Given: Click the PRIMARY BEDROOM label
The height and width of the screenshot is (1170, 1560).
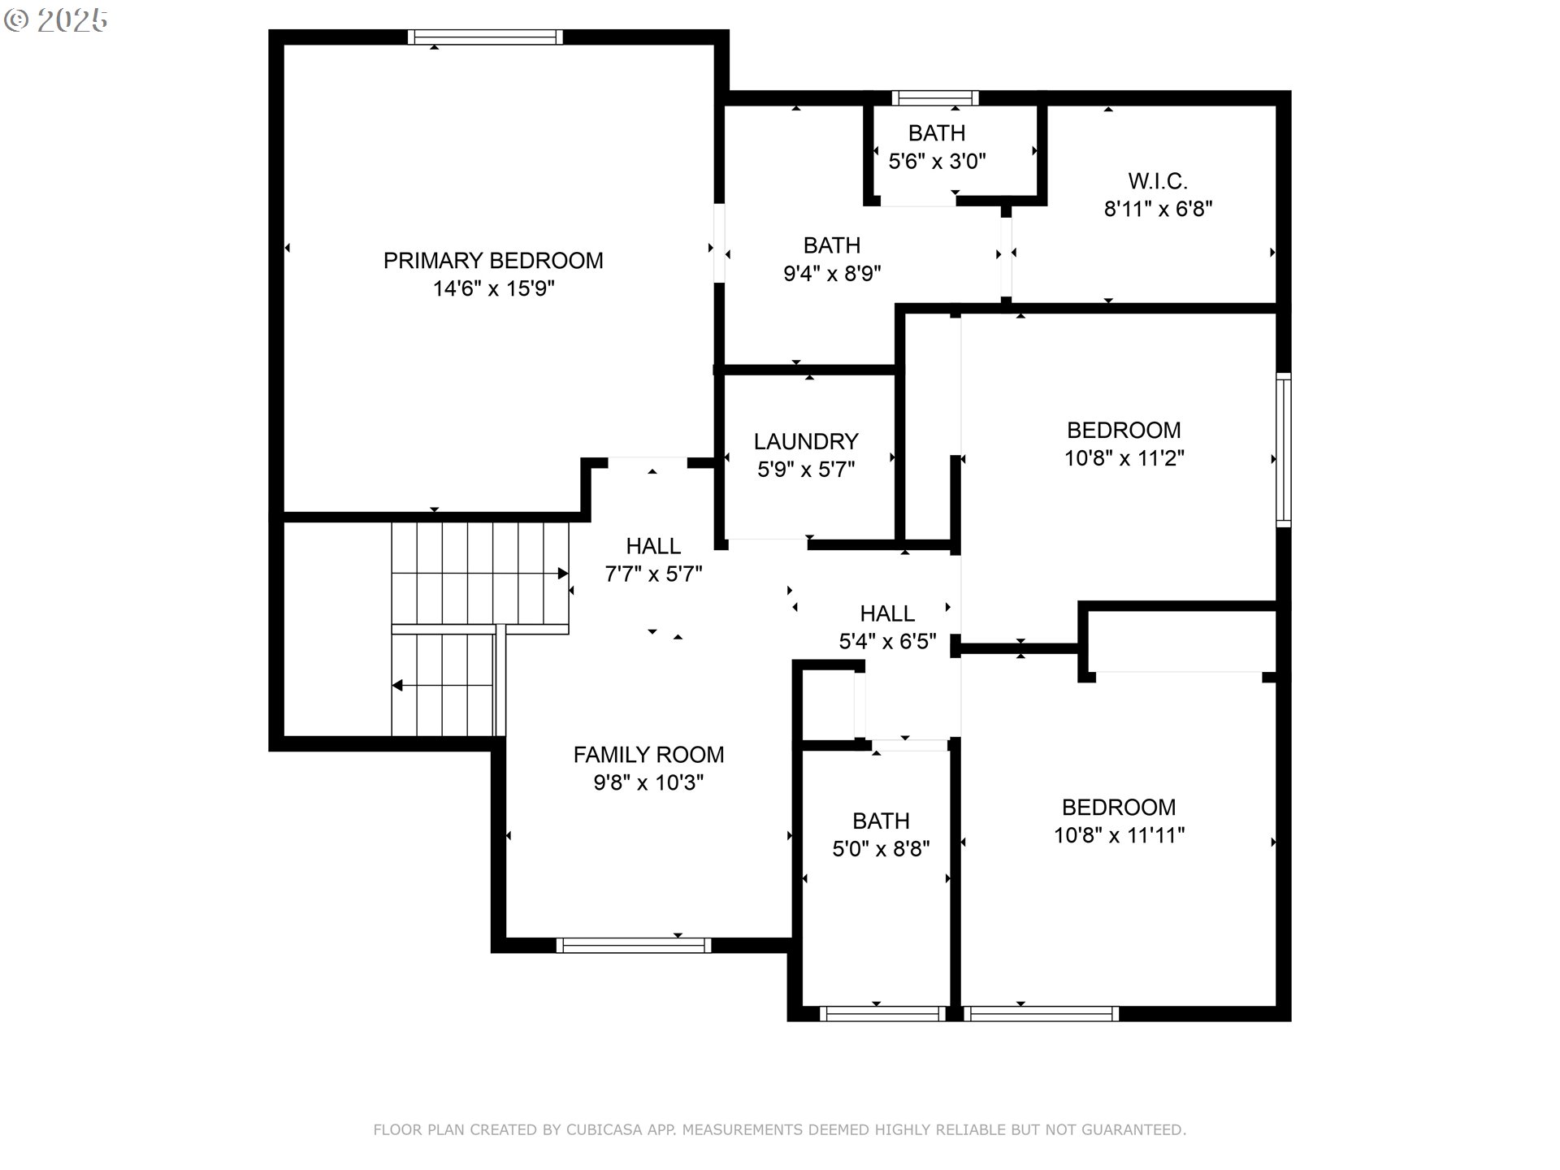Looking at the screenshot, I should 493,261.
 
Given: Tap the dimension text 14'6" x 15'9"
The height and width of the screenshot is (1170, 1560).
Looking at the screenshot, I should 493,288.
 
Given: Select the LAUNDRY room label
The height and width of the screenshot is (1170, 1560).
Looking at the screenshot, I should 805,441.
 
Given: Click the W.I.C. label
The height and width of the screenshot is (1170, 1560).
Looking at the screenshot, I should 1157,181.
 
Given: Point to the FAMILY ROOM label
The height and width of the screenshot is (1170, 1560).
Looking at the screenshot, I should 648,755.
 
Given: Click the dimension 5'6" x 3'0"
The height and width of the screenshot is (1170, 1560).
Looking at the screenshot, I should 937,161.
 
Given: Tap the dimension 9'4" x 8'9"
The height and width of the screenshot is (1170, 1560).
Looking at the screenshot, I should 832,273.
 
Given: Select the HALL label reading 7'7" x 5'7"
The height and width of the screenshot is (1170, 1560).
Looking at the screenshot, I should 653,546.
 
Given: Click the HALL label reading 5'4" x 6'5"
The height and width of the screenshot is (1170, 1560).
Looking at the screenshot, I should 887,613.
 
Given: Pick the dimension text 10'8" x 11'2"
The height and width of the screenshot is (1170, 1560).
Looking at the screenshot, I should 1124,458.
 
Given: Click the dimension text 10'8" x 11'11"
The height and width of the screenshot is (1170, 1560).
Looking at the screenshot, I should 1119,835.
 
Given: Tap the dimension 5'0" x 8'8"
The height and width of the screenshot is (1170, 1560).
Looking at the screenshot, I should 881,849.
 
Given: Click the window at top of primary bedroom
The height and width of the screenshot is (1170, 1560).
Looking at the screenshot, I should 485,37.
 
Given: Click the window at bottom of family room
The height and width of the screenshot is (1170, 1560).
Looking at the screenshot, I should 634,945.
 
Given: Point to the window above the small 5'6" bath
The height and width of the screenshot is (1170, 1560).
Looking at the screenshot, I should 934,98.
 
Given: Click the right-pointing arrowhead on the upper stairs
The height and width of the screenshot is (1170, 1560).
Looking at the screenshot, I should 563,574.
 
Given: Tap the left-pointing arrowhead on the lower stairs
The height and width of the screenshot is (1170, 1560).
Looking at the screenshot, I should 397,686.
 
